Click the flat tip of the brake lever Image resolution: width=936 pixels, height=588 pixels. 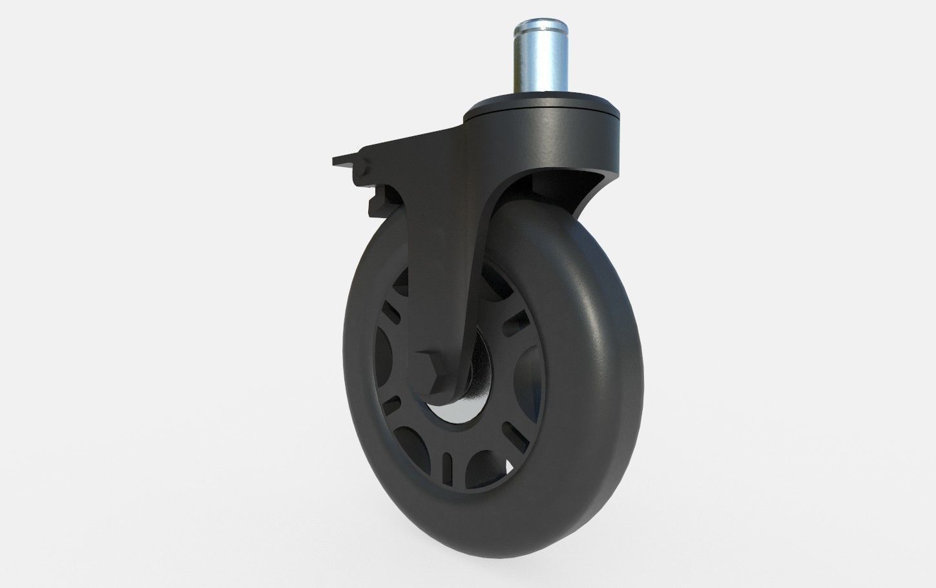coord(339,160)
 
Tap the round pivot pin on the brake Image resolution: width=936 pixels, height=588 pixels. coord(361,170)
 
